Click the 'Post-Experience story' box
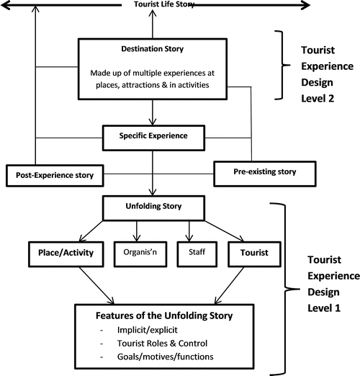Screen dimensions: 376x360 pos(54,174)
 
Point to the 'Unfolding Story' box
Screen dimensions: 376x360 pos(153,207)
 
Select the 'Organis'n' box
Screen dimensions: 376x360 pos(138,253)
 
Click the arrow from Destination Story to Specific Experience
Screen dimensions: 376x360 pos(153,113)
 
